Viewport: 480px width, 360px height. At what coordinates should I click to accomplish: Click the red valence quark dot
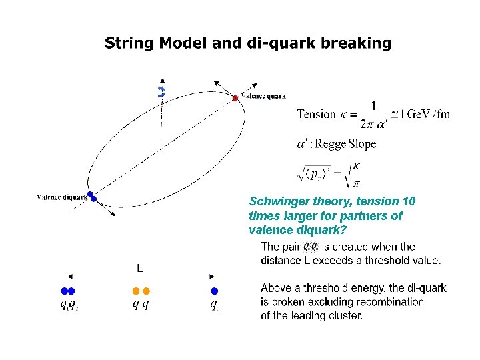coord(235,98)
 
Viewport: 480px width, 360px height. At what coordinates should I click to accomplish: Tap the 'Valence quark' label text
coord(263,96)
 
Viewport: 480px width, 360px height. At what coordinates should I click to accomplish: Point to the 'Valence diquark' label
coord(62,197)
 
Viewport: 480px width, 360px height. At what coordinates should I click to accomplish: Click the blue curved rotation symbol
coord(161,91)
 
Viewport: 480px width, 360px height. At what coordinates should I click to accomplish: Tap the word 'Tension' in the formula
coord(316,114)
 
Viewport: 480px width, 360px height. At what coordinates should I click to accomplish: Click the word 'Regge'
coord(333,144)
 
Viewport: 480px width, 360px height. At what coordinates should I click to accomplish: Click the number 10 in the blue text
coord(411,201)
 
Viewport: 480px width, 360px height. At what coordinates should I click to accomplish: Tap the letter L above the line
coord(140,269)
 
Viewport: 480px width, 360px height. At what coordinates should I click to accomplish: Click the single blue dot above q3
coord(214,291)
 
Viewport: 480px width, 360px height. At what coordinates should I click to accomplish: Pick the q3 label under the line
coord(215,305)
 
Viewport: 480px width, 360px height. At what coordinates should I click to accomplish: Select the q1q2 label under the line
coord(68,305)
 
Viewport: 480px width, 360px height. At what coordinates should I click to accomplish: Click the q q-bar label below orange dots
coord(141,305)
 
